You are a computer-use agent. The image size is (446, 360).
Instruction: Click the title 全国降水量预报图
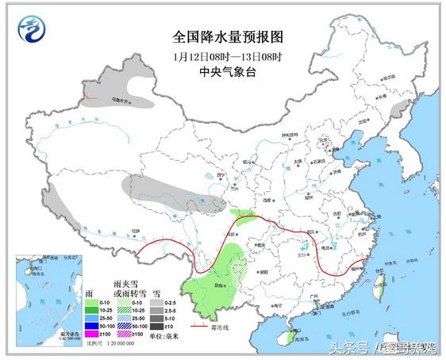227,38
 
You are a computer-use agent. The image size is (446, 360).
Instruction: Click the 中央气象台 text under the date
227,71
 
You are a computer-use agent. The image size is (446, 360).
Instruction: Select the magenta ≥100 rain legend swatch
94,334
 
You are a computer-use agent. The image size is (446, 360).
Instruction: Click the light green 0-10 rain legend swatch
94,302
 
